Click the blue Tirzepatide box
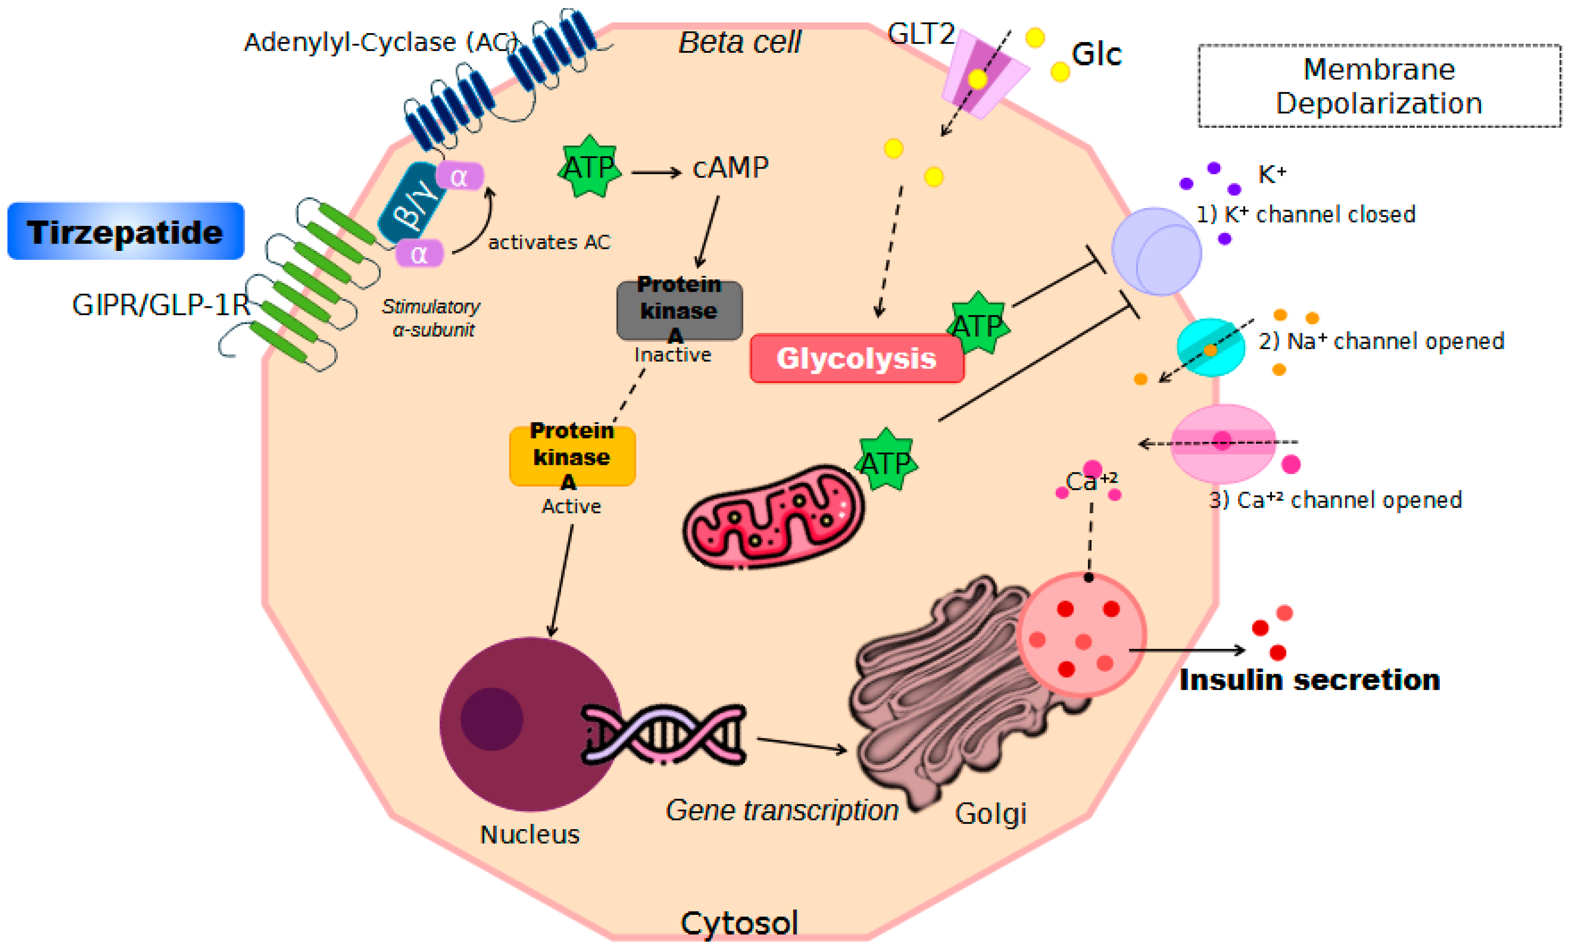point(126,231)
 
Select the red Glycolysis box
point(856,358)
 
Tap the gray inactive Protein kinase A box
point(679,310)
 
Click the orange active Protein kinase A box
point(572,456)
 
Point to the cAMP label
point(731,168)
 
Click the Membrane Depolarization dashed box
point(1379,86)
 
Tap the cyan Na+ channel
point(1210,347)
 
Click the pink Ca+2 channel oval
point(1222,443)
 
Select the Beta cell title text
point(739,43)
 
